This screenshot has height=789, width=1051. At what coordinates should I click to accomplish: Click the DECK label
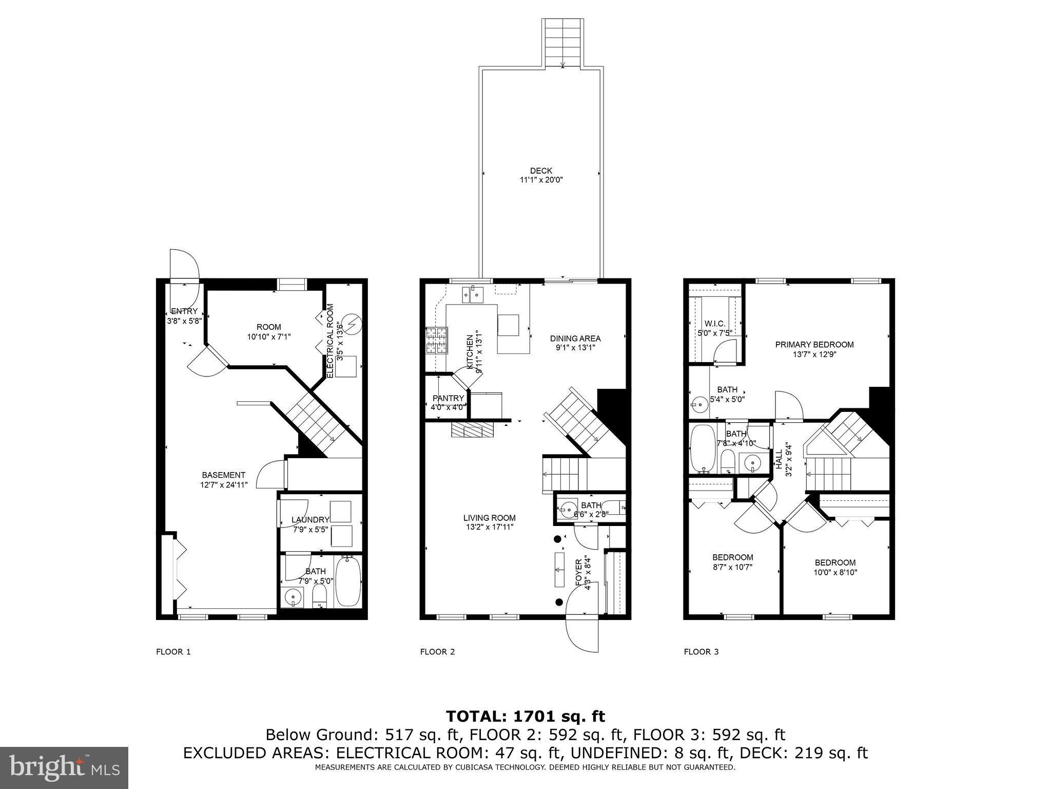[541, 171]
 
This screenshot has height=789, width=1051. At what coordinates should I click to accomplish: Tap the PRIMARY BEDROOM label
[814, 345]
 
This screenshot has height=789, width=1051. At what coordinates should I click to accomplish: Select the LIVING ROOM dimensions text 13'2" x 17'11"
[489, 527]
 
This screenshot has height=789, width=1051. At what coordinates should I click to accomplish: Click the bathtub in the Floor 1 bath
[348, 582]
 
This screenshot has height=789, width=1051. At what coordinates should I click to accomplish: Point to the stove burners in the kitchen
[436, 341]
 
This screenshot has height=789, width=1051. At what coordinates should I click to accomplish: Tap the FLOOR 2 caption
[437, 652]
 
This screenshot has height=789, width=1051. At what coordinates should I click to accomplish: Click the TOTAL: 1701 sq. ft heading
[525, 716]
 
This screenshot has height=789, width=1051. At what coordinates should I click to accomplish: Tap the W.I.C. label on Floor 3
[715, 324]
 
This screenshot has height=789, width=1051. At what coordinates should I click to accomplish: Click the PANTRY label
[448, 398]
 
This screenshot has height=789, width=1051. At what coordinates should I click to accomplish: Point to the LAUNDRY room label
[310, 520]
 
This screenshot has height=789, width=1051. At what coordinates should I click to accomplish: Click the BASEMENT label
[223, 475]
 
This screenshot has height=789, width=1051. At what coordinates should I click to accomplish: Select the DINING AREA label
[575, 339]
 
